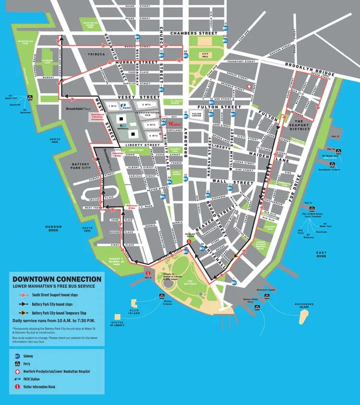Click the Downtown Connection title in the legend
[57, 279]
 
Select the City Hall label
[206, 55]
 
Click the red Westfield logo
[175, 124]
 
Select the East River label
[321, 255]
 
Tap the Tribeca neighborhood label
[96, 54]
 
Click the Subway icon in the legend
[18, 356]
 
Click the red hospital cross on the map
[249, 86]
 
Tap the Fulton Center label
[197, 114]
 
